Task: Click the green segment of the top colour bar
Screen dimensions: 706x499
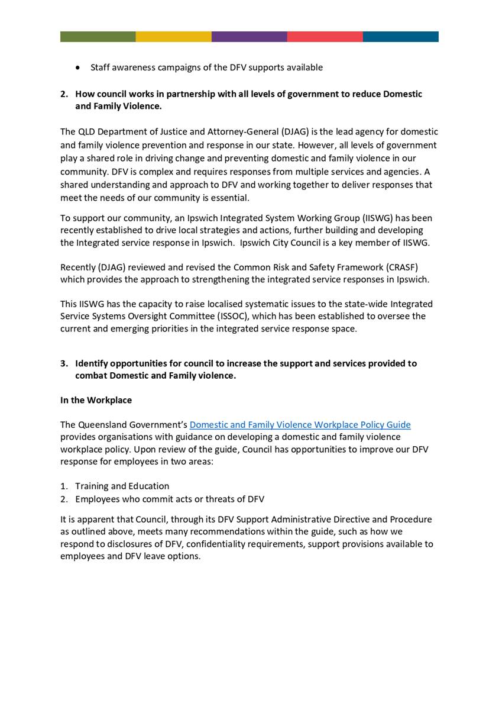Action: point(98,37)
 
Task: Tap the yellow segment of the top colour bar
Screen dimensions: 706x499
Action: point(173,37)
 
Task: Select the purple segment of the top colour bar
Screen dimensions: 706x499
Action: point(249,37)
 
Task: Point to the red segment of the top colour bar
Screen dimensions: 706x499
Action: point(325,37)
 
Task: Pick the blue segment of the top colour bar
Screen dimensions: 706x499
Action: point(400,37)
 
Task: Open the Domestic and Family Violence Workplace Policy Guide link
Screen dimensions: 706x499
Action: point(300,425)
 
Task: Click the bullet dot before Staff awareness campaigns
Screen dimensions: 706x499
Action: point(78,67)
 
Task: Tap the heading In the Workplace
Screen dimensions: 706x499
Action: point(96,400)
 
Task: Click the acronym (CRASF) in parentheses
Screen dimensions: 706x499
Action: point(399,267)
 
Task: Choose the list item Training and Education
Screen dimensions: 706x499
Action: point(122,486)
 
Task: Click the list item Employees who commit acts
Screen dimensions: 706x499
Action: point(169,499)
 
